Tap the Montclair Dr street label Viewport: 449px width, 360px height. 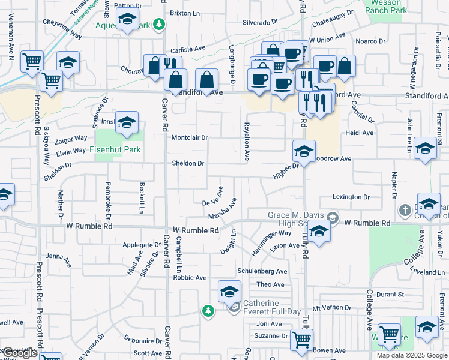click(x=190, y=137)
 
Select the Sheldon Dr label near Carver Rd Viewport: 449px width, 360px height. click(x=188, y=163)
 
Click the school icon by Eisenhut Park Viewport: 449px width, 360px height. click(x=127, y=123)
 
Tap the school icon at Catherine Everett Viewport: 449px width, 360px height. click(x=229, y=292)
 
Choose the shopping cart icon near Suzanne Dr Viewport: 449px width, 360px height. click(x=301, y=340)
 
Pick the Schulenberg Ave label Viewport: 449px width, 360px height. click(x=262, y=271)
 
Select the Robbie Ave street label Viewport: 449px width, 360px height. click(x=190, y=278)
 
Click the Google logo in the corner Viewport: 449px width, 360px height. click(x=20, y=353)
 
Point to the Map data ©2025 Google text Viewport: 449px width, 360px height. click(x=412, y=355)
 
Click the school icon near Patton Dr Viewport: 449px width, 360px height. click(x=127, y=19)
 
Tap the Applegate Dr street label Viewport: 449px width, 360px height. click(x=138, y=245)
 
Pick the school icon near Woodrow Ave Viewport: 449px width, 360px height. click(x=304, y=152)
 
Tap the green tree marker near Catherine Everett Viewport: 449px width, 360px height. click(x=208, y=310)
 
